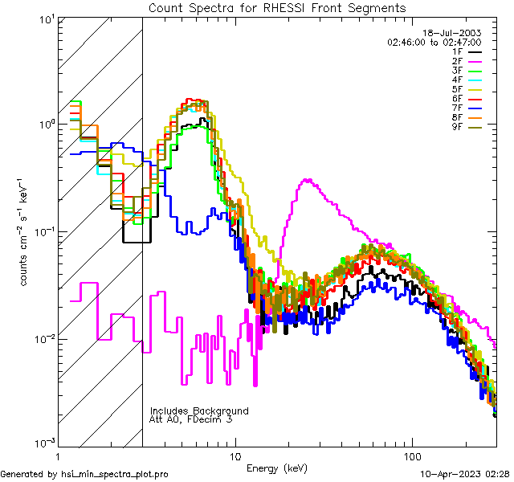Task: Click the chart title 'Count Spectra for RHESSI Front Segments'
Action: [277, 8]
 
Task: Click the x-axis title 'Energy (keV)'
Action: [277, 468]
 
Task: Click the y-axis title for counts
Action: [26, 231]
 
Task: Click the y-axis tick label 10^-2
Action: [39, 337]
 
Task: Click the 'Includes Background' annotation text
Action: [199, 411]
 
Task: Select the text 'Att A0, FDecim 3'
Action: [190, 419]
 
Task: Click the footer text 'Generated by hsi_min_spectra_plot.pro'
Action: [84, 474]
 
